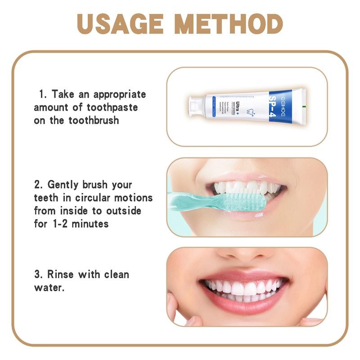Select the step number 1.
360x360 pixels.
pyautogui.click(x=42, y=94)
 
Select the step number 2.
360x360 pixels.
pyautogui.click(x=37, y=185)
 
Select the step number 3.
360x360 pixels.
pyautogui.click(x=37, y=274)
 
